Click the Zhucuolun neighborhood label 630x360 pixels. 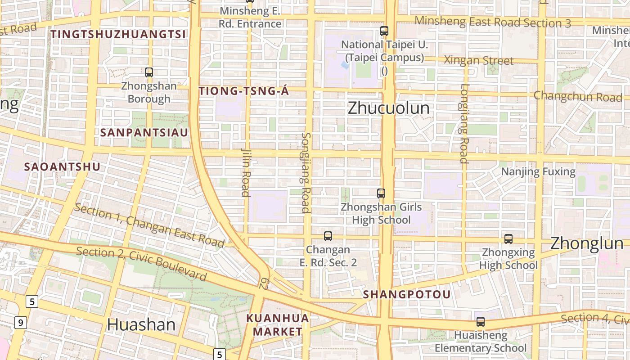[x=388, y=108]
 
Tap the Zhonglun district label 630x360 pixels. [x=587, y=243]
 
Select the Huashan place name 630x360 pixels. [x=141, y=324]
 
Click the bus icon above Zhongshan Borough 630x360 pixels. [x=149, y=72]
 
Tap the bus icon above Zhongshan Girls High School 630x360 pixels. [x=381, y=193]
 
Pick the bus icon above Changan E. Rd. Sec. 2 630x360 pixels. [x=328, y=236]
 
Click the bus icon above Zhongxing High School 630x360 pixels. [x=508, y=239]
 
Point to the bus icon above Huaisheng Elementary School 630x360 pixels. [x=481, y=322]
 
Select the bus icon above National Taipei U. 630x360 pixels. [x=384, y=31]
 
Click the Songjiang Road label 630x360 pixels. [x=306, y=172]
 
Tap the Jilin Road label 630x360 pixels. [x=246, y=172]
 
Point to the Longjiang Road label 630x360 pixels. [x=464, y=124]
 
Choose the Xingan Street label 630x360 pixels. [x=478, y=60]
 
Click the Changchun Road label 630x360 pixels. [x=578, y=96]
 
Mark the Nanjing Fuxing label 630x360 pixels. [x=538, y=171]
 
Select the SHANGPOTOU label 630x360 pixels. [x=407, y=295]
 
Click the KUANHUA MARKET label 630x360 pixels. [x=277, y=325]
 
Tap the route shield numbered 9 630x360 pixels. [x=20, y=322]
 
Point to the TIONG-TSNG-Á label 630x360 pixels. [x=243, y=91]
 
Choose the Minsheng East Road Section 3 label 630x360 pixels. [x=492, y=22]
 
